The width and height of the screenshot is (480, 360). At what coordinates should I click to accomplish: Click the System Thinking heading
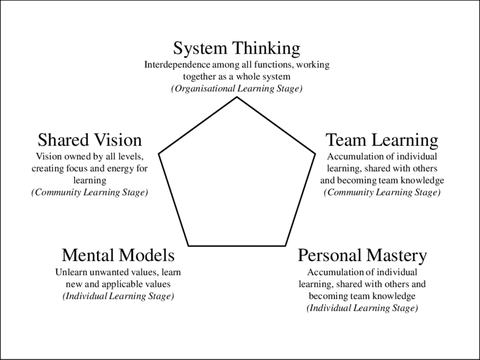237,48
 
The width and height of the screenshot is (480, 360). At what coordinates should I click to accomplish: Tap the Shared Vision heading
90,140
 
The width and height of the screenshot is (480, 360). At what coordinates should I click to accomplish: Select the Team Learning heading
382,140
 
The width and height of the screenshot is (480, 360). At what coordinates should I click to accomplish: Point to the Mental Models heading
118,255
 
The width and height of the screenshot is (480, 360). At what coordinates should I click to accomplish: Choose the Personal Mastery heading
362,255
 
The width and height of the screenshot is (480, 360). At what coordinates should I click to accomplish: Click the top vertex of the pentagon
237,97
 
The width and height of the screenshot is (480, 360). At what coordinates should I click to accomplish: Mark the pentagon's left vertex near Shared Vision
159,153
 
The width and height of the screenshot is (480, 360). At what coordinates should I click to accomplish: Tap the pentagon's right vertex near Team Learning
315,153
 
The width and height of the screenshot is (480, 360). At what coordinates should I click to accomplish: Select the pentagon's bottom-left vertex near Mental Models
189,246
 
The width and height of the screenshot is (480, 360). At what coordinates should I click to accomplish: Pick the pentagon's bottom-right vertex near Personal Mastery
285,246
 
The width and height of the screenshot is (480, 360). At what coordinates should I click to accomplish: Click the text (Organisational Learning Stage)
237,89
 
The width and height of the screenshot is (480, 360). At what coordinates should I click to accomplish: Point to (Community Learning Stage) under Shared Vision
90,193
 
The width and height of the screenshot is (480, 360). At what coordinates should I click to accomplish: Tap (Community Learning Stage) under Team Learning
382,193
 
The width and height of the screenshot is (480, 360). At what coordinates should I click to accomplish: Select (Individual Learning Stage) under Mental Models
118,297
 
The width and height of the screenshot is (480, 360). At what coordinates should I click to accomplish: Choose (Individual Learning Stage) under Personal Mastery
362,309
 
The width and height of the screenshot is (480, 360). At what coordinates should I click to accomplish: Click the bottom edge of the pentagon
237,246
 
